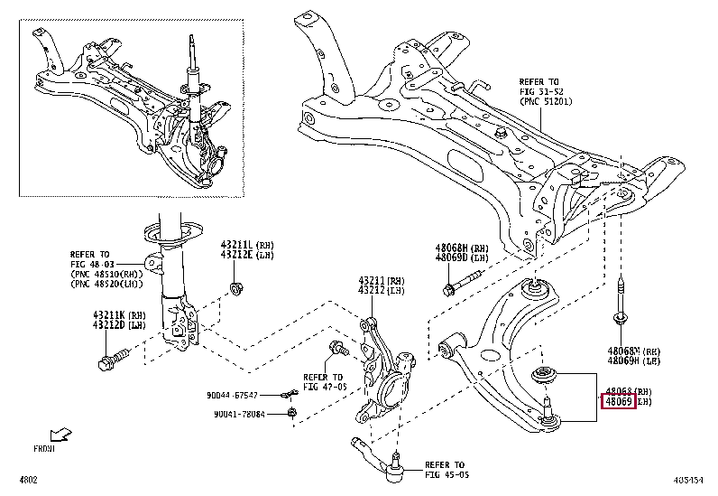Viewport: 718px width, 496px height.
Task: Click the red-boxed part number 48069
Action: (x=619, y=399)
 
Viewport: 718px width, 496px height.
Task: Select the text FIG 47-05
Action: (x=323, y=386)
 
